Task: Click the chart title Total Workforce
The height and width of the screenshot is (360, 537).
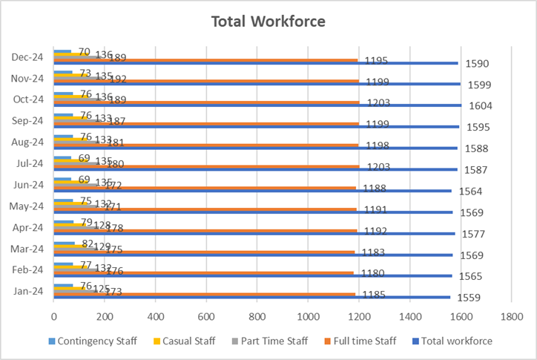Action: point(268,21)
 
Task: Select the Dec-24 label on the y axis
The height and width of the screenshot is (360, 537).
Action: point(27,56)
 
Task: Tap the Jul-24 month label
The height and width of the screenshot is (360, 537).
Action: point(28,163)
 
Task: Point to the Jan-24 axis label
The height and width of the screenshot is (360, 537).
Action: point(28,290)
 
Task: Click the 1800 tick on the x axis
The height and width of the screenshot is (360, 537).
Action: point(511,316)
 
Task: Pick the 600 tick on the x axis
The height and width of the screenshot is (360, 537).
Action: point(206,316)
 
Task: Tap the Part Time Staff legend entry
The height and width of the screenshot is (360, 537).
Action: point(271,341)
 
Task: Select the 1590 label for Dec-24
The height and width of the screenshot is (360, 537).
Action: point(477,64)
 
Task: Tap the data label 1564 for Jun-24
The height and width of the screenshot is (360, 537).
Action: point(472,192)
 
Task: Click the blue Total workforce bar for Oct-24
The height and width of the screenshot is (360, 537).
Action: point(297,105)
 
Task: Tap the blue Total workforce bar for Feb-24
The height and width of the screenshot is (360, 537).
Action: point(297,275)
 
